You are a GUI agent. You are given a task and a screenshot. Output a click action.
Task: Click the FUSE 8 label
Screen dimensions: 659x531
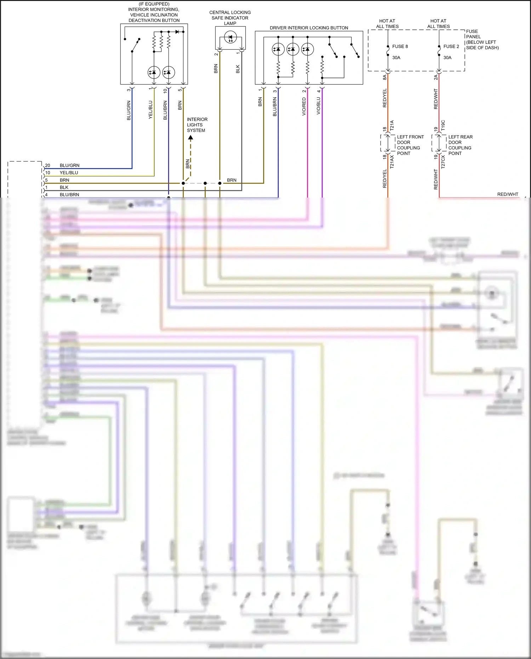[400, 46]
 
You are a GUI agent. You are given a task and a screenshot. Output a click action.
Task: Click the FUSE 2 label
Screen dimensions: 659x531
[451, 46]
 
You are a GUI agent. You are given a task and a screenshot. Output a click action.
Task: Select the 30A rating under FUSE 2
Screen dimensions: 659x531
[447, 58]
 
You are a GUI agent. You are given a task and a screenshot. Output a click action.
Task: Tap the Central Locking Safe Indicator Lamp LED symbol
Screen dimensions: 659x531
[230, 37]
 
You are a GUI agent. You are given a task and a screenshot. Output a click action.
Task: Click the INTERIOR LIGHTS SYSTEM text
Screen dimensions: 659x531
[197, 125]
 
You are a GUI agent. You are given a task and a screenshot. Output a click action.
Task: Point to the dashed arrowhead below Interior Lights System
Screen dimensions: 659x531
[190, 137]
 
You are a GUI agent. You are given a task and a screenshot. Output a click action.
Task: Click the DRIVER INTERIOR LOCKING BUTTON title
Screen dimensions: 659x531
[309, 28]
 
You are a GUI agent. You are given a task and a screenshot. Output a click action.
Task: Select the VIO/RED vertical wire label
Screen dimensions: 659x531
[304, 106]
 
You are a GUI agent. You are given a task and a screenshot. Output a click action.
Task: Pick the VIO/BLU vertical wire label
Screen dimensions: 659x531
[318, 106]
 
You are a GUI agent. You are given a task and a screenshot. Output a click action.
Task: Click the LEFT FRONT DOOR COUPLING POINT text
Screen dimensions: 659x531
[410, 145]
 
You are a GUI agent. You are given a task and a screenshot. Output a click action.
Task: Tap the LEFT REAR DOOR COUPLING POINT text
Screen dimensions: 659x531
[460, 145]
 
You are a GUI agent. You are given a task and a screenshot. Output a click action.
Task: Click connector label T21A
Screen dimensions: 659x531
[392, 125]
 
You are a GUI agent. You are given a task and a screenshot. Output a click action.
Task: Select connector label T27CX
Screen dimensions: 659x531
[443, 161]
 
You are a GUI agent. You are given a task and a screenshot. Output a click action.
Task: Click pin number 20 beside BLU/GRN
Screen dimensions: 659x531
[47, 165]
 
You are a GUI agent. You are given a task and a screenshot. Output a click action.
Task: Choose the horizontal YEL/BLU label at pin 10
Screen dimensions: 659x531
[69, 173]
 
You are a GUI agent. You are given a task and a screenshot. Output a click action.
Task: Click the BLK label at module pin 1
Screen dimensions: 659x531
[64, 187]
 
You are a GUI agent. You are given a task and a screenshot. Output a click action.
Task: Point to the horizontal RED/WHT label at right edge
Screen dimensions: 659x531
[507, 194]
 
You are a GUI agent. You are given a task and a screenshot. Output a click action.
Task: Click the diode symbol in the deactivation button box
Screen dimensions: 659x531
[177, 32]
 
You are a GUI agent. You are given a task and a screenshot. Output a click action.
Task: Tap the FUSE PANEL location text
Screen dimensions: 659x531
[482, 39]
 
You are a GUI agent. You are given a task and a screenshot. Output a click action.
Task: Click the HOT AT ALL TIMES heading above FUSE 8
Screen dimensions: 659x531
[387, 24]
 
